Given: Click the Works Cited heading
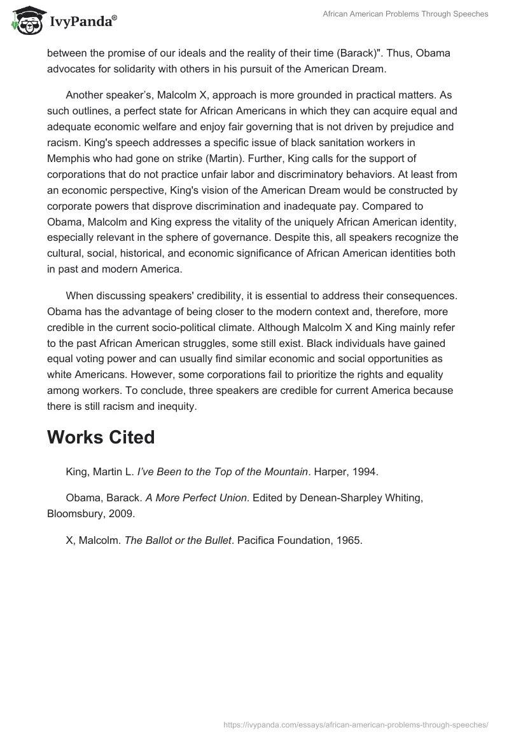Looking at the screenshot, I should click(101, 437).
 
